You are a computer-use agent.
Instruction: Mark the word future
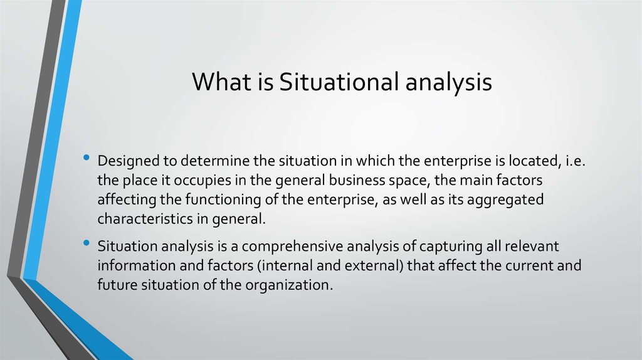(x=115, y=284)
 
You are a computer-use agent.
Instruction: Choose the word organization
(x=290, y=284)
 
